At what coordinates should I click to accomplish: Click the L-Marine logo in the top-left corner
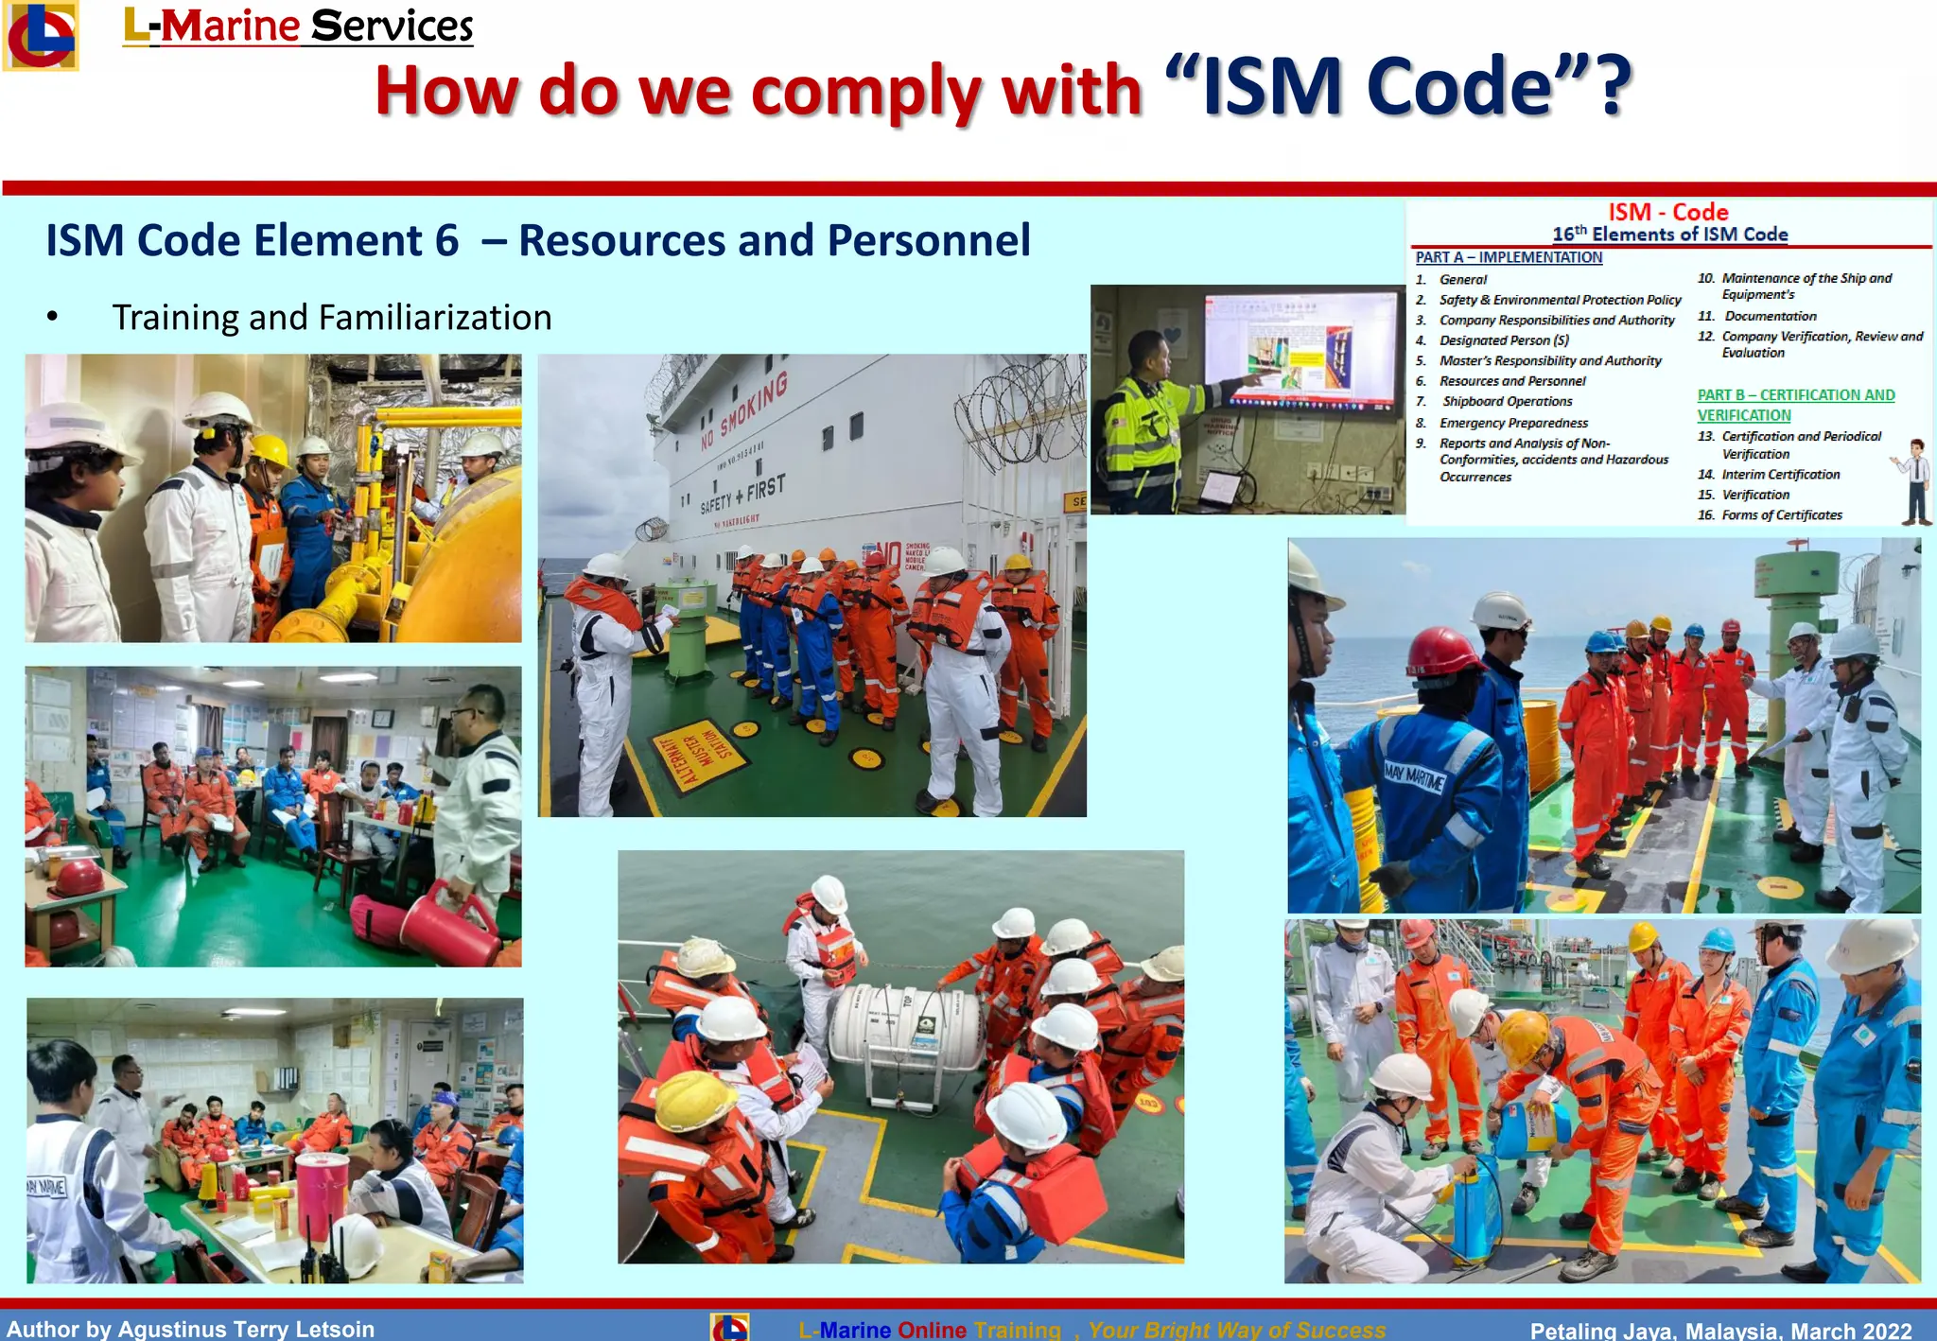[40, 36]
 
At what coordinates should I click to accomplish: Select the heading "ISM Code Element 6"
[253, 240]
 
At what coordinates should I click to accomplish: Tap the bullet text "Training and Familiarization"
[331, 318]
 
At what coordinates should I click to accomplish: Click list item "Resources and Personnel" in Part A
[1511, 381]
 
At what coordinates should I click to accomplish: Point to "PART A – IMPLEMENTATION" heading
[1509, 257]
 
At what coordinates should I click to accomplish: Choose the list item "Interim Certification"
[1780, 475]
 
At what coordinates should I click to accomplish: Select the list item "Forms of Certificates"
[1781, 515]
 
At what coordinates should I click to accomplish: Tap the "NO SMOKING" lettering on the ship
[744, 412]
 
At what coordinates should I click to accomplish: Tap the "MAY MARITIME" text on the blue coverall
[1414, 776]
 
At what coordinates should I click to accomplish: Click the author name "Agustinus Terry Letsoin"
[246, 1329]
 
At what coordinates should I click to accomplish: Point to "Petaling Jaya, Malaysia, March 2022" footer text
[1720, 1330]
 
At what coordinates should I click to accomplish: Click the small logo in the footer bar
[729, 1328]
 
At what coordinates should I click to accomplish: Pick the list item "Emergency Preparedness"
[1513, 423]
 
